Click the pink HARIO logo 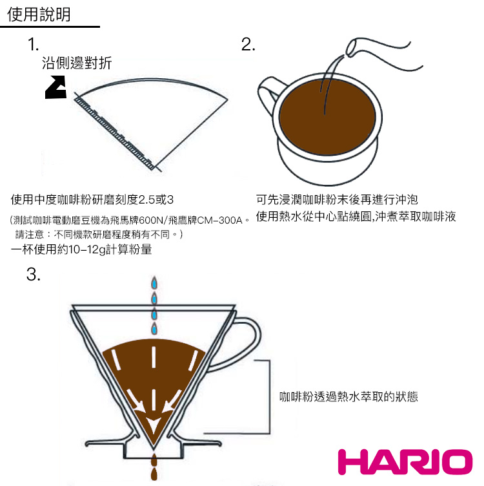click(405, 462)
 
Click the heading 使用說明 click(39, 14)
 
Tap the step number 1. click(33, 45)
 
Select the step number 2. click(248, 45)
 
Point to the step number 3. click(34, 274)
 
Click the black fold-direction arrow click(55, 87)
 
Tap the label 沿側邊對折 click(76, 63)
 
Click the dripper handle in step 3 click(237, 343)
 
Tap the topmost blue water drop click(154, 284)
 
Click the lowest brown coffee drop click(154, 474)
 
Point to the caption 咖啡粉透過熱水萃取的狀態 click(348, 396)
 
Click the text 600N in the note click(150, 220)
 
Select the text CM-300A click(219, 220)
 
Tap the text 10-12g click(85, 249)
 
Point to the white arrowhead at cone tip click(153, 426)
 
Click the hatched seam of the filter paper click(114, 132)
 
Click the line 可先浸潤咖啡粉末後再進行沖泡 click(337, 200)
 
